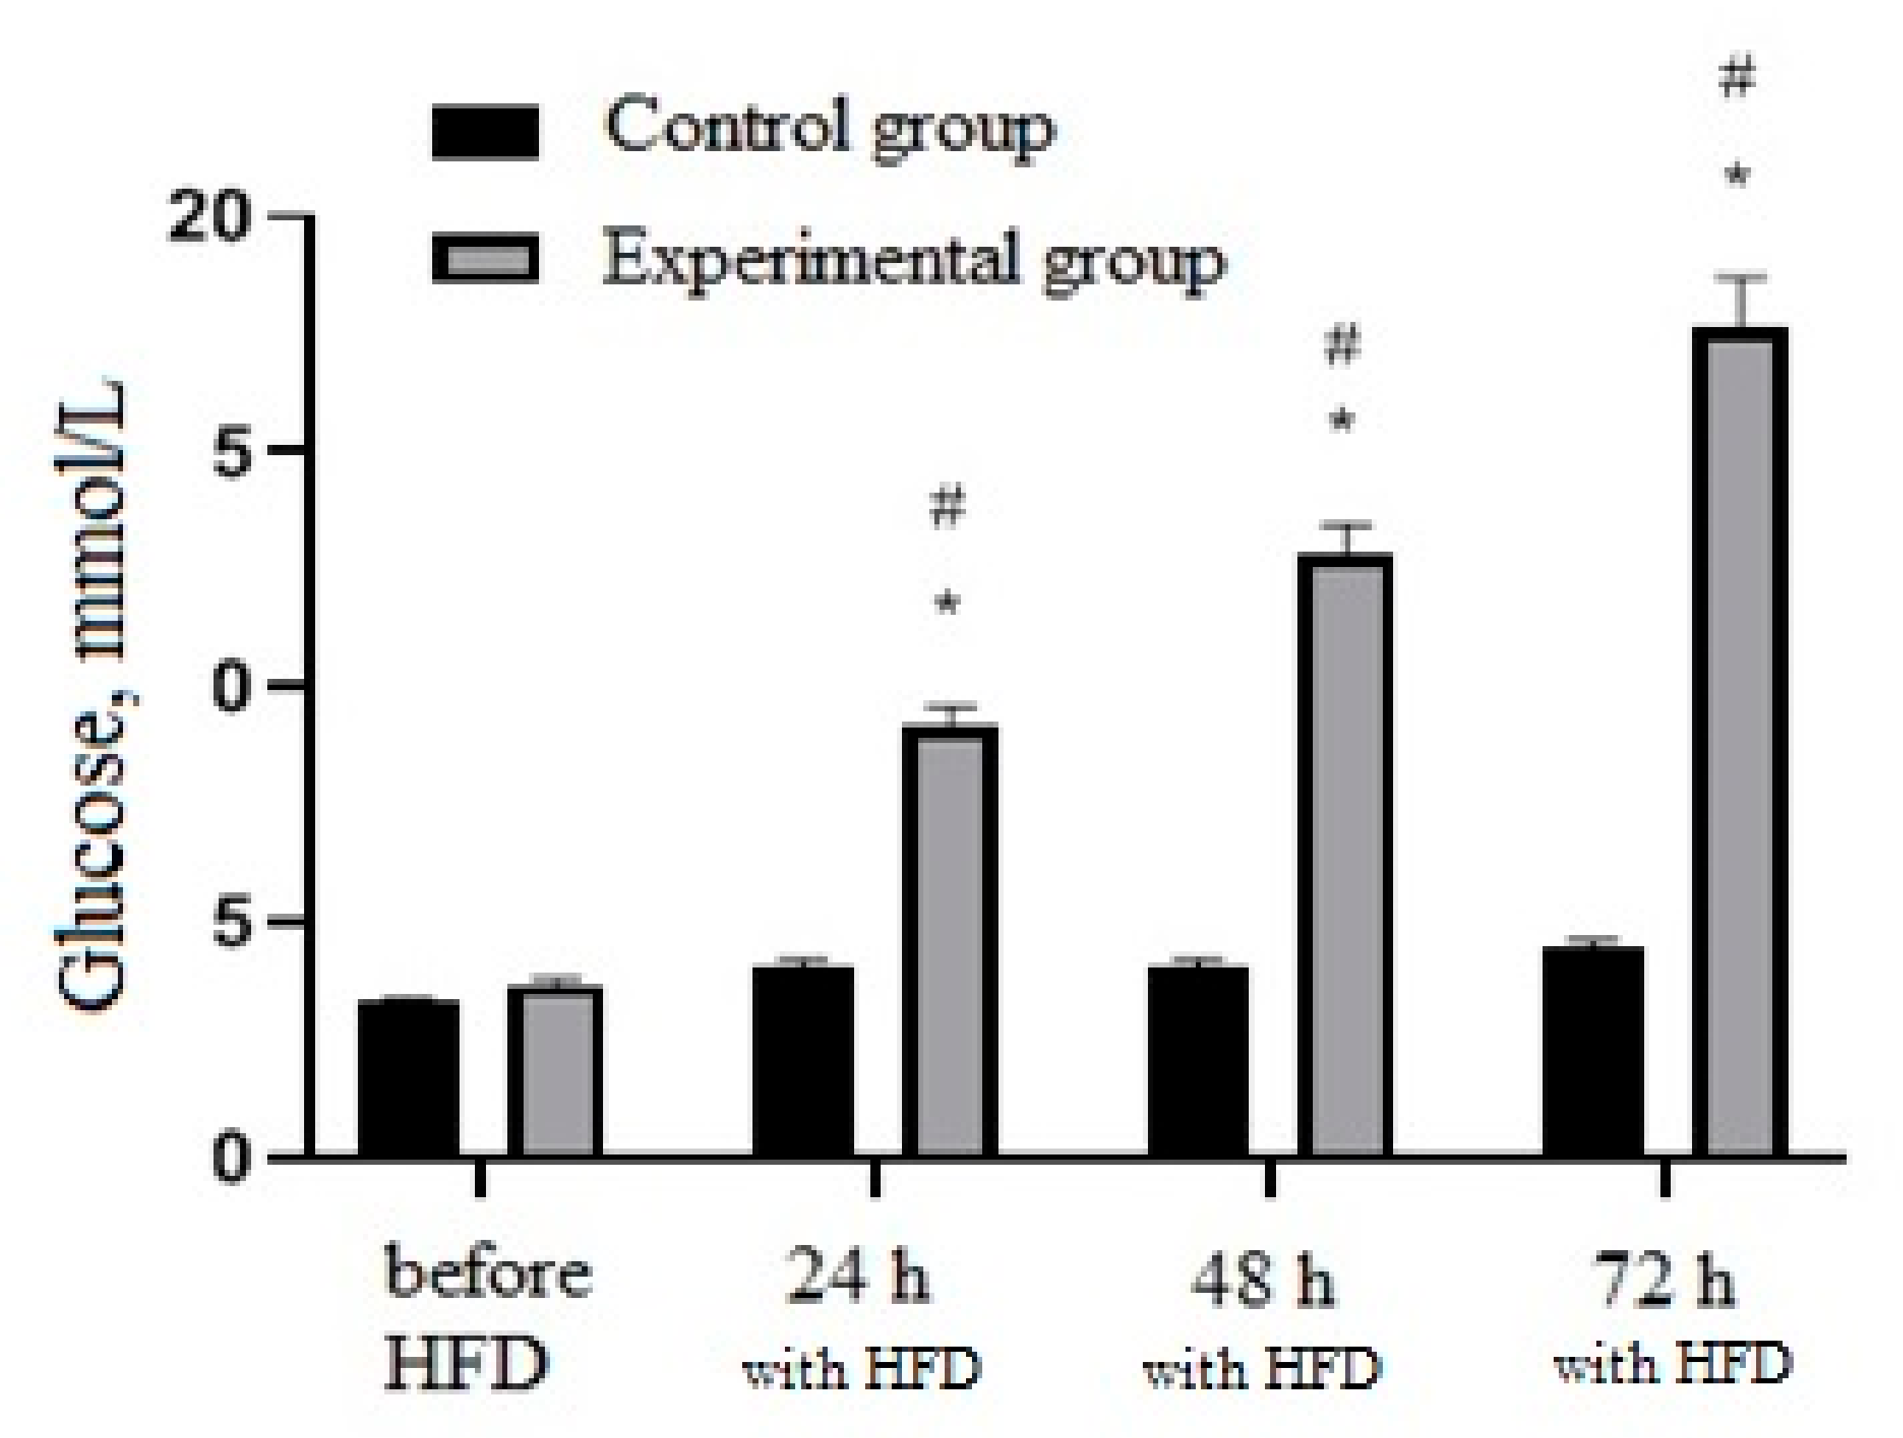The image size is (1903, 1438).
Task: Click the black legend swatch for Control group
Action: click(x=485, y=132)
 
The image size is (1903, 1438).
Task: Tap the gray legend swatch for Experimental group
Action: click(x=485, y=258)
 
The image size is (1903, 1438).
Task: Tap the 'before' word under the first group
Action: click(x=488, y=1274)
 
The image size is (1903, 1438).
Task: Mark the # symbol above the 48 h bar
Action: click(x=1343, y=345)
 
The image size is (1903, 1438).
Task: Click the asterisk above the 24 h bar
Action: click(x=947, y=605)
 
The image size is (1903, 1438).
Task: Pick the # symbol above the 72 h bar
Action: click(x=1736, y=80)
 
